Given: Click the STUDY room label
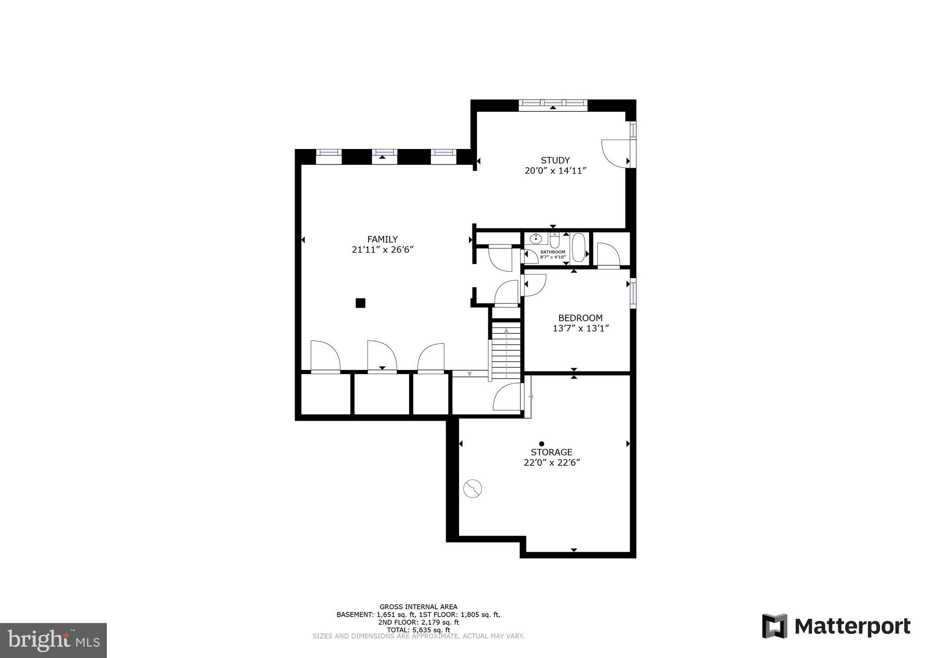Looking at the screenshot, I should (555, 160).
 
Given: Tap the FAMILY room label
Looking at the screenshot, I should (382, 239).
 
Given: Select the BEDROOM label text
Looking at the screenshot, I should (580, 318).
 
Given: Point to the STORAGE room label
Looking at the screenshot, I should (551, 452).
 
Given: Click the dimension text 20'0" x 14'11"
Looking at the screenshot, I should (555, 171).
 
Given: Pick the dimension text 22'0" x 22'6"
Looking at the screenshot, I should (551, 463).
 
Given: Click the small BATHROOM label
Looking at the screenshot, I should (553, 252).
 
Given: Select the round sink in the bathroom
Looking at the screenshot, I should (536, 238).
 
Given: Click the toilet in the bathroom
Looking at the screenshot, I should (554, 239).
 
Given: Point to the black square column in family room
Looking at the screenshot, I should (360, 303).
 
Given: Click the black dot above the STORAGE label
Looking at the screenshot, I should (541, 444).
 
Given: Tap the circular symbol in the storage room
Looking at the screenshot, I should (472, 489).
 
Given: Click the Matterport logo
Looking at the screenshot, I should (836, 626).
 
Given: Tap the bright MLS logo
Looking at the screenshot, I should (53, 640).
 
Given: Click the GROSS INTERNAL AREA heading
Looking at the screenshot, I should (418, 607).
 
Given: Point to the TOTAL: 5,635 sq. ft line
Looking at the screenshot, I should (418, 630).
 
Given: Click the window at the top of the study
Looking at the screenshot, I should (553, 104).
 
